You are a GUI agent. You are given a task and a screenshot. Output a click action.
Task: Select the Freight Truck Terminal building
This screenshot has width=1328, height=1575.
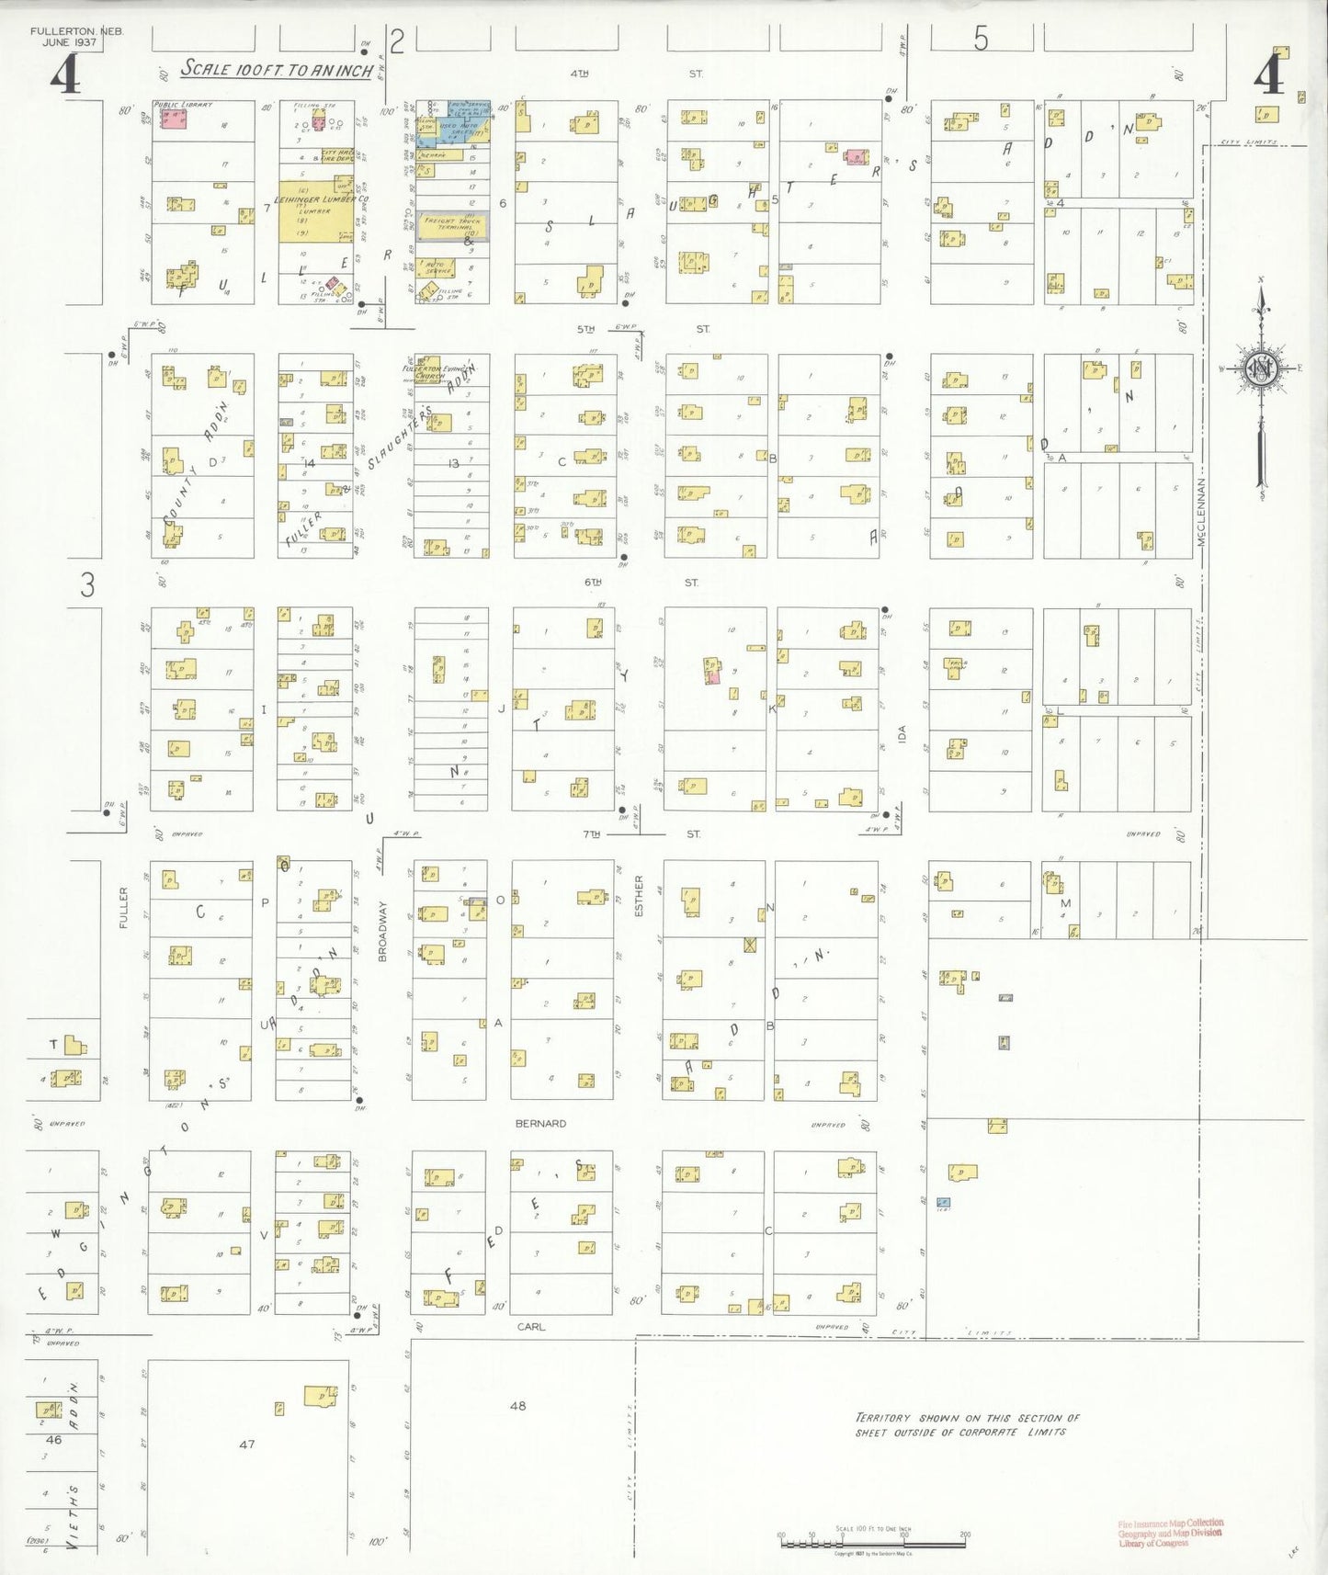[x=451, y=226]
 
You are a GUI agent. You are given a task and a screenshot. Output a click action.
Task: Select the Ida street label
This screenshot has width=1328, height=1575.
[x=902, y=733]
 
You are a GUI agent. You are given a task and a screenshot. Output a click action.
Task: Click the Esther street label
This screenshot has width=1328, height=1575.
[x=639, y=896]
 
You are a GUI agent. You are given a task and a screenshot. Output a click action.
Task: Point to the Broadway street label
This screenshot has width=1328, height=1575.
[x=383, y=932]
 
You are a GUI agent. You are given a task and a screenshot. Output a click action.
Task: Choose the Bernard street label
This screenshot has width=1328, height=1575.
[x=540, y=1123]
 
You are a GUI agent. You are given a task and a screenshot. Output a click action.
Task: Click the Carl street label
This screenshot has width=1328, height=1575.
[x=530, y=1326]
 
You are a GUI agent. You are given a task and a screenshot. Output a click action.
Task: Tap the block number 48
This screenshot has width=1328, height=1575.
[x=518, y=1405]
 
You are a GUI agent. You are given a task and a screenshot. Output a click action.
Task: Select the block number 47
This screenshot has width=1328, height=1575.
[x=246, y=1444]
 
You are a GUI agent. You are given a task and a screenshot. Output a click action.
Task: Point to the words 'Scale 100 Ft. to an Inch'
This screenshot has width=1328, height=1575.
[x=277, y=69]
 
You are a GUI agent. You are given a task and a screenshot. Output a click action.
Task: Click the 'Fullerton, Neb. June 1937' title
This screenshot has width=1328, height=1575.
[x=76, y=37]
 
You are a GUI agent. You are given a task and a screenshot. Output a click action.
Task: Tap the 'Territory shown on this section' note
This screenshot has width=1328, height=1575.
[x=967, y=1424]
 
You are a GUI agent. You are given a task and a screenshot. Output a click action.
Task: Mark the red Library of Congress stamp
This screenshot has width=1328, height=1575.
[x=1170, y=1533]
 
